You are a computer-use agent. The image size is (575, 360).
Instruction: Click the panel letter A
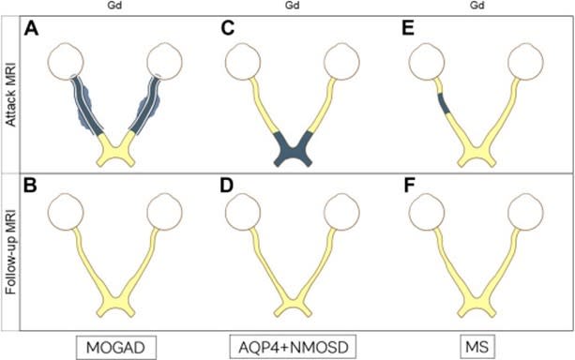(x=33, y=28)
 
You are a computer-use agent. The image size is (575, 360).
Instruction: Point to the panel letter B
(x=33, y=186)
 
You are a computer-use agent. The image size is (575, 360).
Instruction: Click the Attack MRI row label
(x=10, y=94)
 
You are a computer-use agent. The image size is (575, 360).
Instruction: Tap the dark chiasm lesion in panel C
(x=294, y=148)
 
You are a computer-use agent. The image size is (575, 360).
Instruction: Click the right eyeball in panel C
(x=343, y=63)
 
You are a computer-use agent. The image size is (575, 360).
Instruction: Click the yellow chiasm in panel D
(x=294, y=305)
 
